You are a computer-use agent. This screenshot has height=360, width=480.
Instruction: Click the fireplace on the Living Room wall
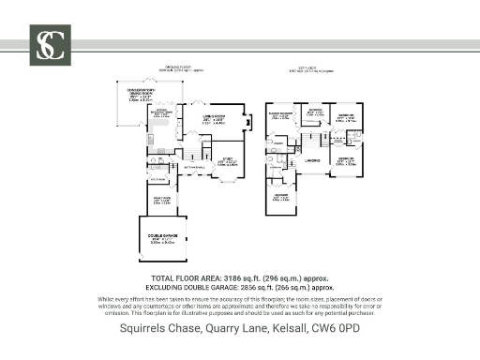[247, 120]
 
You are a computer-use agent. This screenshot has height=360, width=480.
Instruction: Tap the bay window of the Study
[228, 182]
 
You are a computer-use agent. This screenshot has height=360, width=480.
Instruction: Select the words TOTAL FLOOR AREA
[185, 278]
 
